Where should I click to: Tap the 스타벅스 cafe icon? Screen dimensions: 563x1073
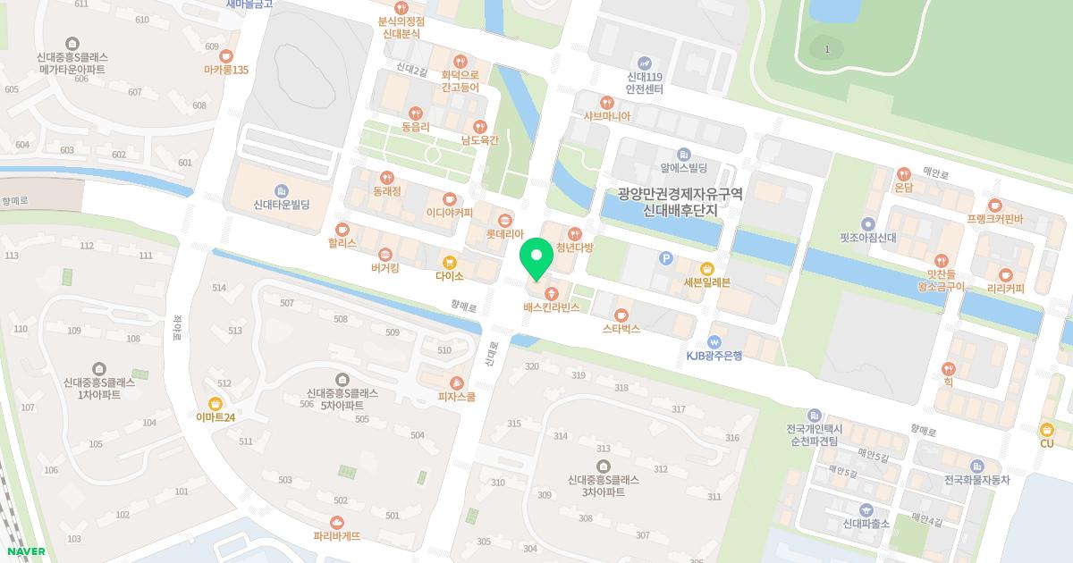coord(621,315)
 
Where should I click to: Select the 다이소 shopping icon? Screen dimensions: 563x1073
coord(450,263)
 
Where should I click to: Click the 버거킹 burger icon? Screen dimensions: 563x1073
coord(385,254)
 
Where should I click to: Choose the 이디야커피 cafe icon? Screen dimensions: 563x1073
coord(450,198)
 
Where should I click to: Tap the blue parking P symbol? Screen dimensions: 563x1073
coord(664,258)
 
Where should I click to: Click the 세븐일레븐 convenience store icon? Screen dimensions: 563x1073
coord(707,268)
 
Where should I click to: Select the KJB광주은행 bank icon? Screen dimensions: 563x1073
coord(714,341)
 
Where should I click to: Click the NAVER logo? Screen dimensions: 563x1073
coord(27,551)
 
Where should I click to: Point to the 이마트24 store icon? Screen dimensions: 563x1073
coord(215,403)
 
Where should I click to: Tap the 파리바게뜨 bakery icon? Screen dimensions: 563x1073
coord(337,522)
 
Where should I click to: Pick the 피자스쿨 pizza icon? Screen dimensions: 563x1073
coord(457,382)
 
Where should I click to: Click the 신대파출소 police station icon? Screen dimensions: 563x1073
coord(866,509)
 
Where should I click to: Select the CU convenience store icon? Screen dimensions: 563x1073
coord(1046,429)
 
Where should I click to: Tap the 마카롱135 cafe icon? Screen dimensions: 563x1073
coord(225,55)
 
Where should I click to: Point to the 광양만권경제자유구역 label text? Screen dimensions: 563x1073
coord(680,194)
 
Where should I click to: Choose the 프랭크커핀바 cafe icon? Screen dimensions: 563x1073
coord(994,205)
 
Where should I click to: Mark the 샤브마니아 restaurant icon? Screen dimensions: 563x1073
coord(607,102)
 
